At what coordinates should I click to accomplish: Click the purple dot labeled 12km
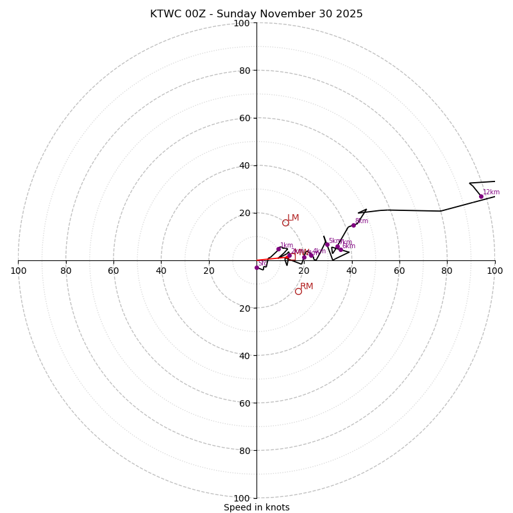coord(481,196)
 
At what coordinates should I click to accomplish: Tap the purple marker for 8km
coord(353,225)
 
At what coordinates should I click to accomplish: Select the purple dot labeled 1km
coord(278,249)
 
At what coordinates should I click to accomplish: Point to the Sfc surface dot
coord(256,267)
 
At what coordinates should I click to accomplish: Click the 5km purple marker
coord(327,244)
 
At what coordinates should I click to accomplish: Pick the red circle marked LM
coord(285,223)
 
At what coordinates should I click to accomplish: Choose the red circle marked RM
coord(298,291)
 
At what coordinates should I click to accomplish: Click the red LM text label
coord(293,218)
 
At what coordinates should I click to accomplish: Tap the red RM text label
coord(307,287)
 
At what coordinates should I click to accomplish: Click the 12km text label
coord(491,192)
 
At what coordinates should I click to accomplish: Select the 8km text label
coord(362,221)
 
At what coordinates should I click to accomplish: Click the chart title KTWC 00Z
coord(256,14)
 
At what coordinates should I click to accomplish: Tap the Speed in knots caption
coord(256,507)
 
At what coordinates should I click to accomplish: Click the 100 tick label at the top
coord(242,23)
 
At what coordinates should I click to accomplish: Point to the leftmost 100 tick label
coord(18,271)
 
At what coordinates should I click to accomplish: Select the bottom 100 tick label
coord(242,498)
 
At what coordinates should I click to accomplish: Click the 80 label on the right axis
coord(447,271)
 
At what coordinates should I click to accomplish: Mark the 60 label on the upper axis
coord(244,118)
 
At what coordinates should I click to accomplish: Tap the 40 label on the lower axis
coord(244,355)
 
